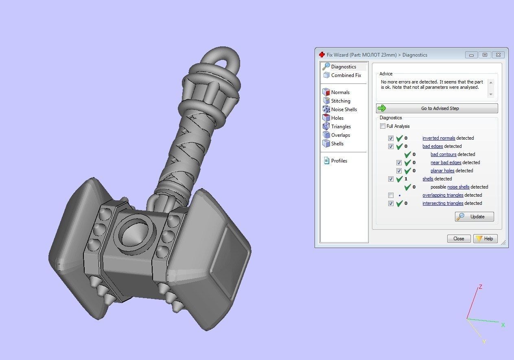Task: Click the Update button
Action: click(x=475, y=217)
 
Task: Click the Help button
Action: click(x=485, y=239)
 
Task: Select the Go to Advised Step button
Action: click(x=437, y=108)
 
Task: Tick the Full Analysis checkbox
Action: click(x=383, y=126)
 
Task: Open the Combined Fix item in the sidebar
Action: click(x=346, y=75)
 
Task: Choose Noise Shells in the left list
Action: click(x=343, y=110)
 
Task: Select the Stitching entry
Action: click(x=340, y=101)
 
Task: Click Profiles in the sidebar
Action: click(x=339, y=161)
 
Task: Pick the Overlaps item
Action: click(x=340, y=135)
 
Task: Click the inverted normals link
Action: click(x=438, y=138)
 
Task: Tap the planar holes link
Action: click(x=442, y=171)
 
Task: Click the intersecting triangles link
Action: click(x=443, y=203)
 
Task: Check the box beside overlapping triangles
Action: click(x=391, y=195)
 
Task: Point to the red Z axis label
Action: click(x=480, y=287)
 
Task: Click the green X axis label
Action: click(x=503, y=325)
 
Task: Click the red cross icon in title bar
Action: click(x=322, y=55)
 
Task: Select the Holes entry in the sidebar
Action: click(x=337, y=118)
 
